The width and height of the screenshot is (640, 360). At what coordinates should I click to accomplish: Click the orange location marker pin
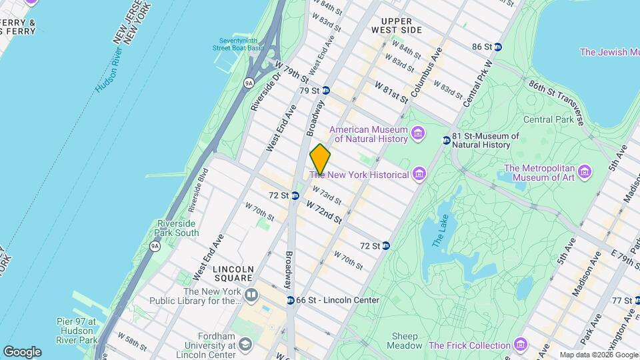point(320,159)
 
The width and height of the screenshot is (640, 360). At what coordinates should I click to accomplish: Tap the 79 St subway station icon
point(326,90)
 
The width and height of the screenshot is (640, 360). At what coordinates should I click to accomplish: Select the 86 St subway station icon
point(497,47)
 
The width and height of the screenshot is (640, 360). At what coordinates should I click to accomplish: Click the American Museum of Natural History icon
point(418,133)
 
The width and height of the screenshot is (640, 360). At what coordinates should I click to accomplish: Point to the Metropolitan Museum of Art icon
point(585,173)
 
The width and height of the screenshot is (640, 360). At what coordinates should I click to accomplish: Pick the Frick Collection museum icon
point(520,345)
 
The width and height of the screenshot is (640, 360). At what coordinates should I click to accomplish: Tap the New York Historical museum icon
point(419,175)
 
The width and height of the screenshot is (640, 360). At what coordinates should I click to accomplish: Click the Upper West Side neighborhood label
point(401,25)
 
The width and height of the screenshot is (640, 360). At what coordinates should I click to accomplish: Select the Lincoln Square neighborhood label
point(233,273)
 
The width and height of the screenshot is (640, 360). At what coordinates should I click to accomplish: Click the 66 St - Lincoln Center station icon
point(290,300)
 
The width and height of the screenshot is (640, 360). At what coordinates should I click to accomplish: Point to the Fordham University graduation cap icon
point(245,344)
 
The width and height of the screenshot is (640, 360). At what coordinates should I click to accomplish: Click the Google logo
point(22,351)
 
